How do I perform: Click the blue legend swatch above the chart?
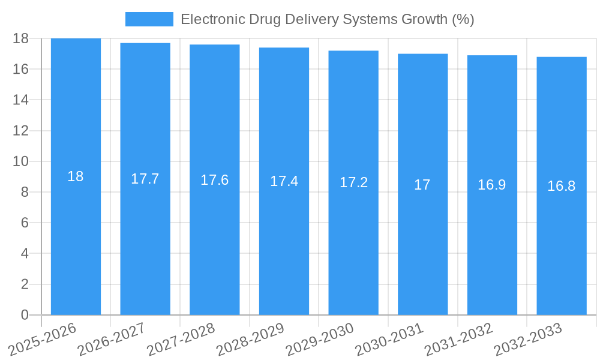click(x=149, y=19)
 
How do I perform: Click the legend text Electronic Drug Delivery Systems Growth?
click(x=327, y=19)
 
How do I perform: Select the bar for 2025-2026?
click(x=76, y=240)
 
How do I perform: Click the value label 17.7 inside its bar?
click(x=145, y=179)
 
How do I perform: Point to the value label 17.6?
click(x=214, y=180)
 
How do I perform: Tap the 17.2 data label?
click(x=353, y=182)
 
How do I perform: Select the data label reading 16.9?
click(x=492, y=185)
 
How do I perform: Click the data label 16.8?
click(x=562, y=186)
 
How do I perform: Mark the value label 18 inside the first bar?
click(x=76, y=176)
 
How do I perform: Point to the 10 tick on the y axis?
click(x=21, y=161)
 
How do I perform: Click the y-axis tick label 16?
click(x=21, y=69)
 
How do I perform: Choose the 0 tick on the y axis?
click(x=25, y=315)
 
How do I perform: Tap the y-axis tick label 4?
click(x=25, y=253)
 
